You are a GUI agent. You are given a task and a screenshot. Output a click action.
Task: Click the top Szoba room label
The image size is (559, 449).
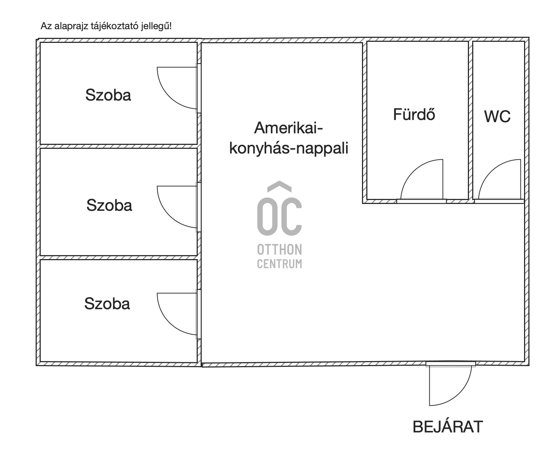pos(108,95)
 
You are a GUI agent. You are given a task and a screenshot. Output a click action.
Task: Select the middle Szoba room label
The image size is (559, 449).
pos(109,205)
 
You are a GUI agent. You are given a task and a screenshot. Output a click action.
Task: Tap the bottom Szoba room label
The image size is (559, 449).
pos(107,303)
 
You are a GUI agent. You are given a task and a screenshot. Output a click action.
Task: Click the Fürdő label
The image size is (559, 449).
pos(414,114)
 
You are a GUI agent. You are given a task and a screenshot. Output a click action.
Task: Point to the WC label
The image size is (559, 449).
pos(497,116)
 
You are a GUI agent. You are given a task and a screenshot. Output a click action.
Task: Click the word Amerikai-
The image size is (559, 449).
pos(289,128)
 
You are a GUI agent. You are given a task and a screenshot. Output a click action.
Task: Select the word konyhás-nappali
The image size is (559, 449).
pos(289,148)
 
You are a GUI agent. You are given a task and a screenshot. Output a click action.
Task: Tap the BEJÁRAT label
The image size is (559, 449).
pos(448,427)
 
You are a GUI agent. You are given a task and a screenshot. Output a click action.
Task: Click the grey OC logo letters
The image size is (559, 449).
pos(279,216)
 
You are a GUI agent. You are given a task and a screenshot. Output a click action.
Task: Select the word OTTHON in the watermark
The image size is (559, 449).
pos(279,250)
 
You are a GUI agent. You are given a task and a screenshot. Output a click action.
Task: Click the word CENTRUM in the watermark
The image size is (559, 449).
pos(279,264)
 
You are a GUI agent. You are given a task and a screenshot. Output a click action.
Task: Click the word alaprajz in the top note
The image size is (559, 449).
pos(71,26)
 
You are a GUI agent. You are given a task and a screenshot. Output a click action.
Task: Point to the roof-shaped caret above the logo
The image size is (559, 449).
pos(279,186)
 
